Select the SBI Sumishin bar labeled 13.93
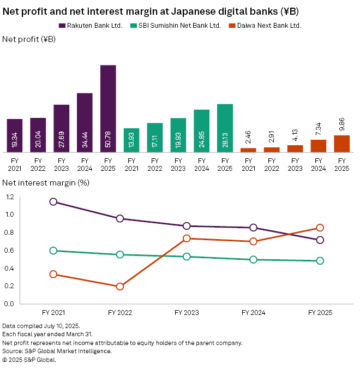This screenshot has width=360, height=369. pyautogui.click(x=131, y=140)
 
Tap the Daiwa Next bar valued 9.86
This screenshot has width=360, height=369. pyautogui.click(x=341, y=144)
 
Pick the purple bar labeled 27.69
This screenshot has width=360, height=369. pyautogui.click(x=62, y=128)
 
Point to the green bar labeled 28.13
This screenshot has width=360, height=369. pyautogui.click(x=225, y=128)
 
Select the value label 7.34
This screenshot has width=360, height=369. pyautogui.click(x=318, y=128)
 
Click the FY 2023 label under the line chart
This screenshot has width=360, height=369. pyautogui.click(x=187, y=313)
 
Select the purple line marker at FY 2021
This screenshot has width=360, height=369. pyautogui.click(x=53, y=201)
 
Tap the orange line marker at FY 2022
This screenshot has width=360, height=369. pyautogui.click(x=120, y=286)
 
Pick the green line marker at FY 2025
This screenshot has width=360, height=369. pyautogui.click(x=320, y=261)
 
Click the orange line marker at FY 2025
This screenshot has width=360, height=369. pyautogui.click(x=320, y=228)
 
